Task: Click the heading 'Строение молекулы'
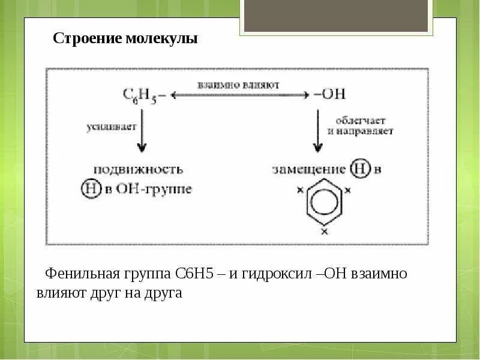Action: (125, 39)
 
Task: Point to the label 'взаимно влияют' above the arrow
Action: (239, 85)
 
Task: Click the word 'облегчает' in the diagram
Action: (356, 121)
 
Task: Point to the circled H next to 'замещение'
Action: (358, 170)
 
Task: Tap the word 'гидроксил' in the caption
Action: (275, 274)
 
